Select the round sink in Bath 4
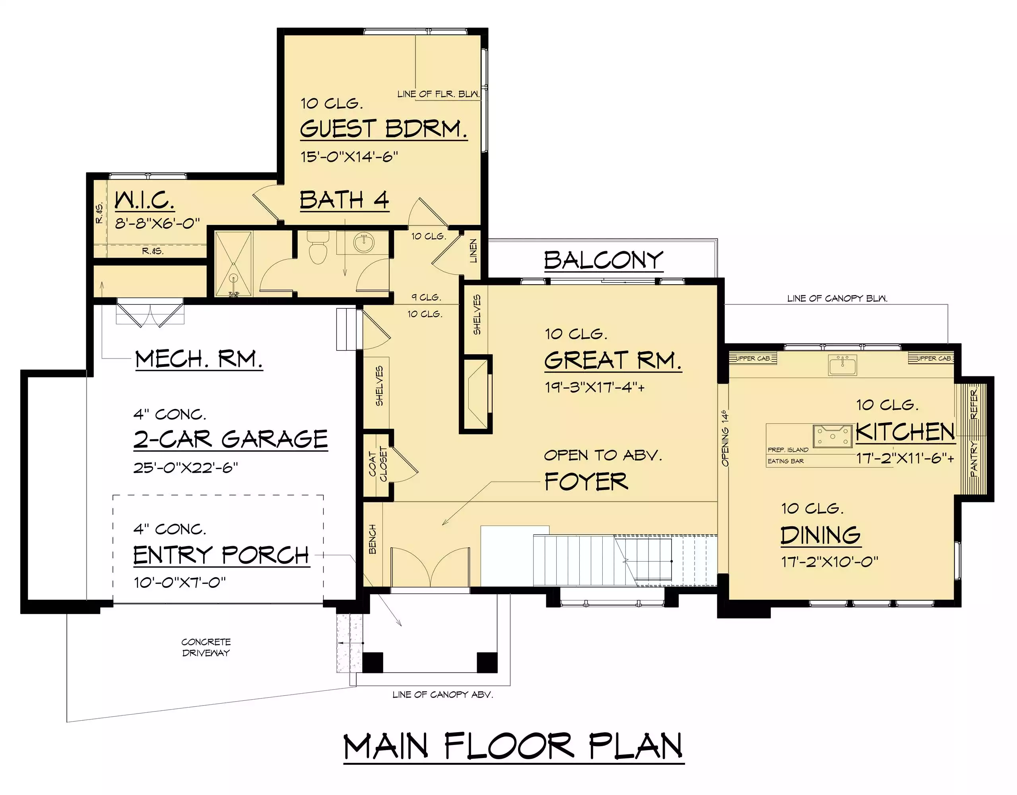[364, 242]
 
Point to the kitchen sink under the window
[842, 365]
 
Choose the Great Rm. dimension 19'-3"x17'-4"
[595, 387]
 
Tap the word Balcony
[604, 260]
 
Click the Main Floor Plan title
[514, 747]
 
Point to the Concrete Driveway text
[206, 648]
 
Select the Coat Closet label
[378, 463]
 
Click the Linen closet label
[474, 251]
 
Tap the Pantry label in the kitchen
[974, 459]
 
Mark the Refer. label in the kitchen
[974, 404]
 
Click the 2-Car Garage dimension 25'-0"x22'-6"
[185, 467]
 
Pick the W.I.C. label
[144, 201]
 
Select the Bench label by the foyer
[373, 539]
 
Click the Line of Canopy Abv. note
[443, 694]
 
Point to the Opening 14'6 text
[725, 438]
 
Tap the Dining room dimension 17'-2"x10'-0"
[829, 562]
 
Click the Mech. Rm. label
[199, 359]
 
